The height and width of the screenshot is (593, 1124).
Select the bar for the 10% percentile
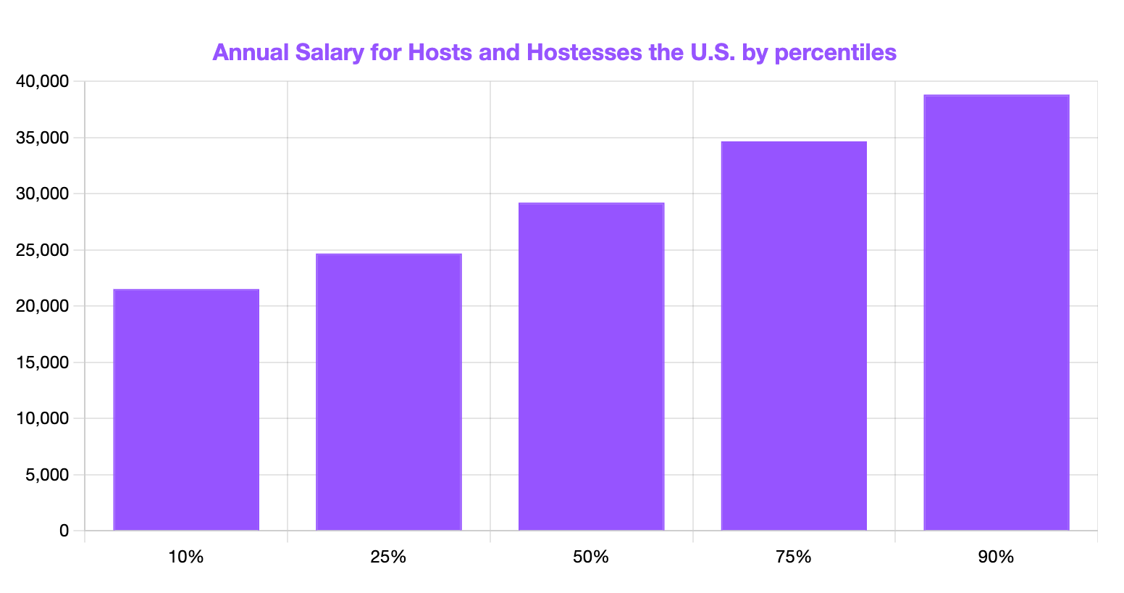pos(186,410)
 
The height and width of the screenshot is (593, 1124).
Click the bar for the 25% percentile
pos(389,392)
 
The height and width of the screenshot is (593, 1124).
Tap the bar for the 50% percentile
pos(591,367)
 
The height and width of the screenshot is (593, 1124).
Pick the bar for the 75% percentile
pos(794,336)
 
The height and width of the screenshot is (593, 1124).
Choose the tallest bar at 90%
pos(997,313)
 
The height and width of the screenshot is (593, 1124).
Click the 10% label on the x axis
pos(186,557)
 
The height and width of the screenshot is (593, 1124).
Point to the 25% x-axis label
pos(389,557)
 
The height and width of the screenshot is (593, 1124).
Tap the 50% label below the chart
pos(591,557)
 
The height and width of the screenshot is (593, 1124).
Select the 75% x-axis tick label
pos(794,557)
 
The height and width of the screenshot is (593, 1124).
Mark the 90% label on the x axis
pos(997,557)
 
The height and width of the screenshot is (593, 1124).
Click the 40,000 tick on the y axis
pos(42,82)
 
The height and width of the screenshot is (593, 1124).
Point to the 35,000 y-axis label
pos(42,138)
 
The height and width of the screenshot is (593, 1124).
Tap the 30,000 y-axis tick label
pos(42,194)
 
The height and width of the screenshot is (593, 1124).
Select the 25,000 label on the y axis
pos(42,250)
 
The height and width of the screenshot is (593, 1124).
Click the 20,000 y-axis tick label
pos(42,307)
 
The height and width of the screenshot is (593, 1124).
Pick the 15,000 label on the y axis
pos(42,362)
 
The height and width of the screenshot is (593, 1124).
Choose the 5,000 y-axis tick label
pos(46,475)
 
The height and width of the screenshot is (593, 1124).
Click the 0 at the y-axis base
pos(64,531)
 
